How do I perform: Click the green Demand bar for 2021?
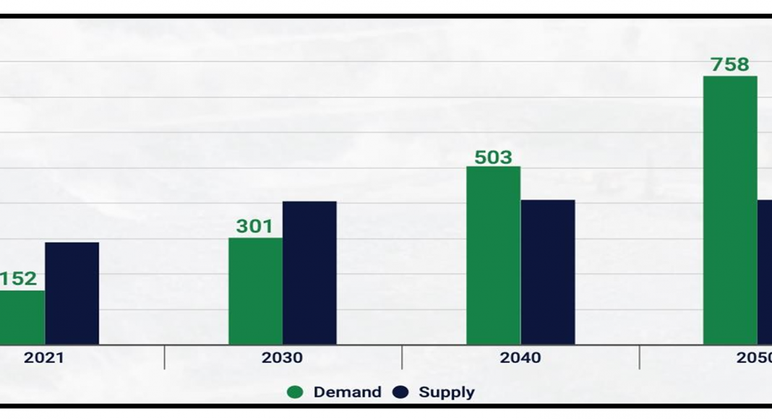(x=22, y=318)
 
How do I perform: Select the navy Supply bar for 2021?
(x=72, y=293)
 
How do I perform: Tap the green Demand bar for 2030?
(x=255, y=291)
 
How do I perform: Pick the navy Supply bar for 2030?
(x=309, y=273)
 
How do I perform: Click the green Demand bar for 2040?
(x=493, y=256)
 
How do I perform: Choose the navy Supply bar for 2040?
(x=547, y=272)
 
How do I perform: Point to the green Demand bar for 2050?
(x=729, y=210)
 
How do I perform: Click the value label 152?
(x=18, y=279)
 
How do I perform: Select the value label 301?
(x=254, y=226)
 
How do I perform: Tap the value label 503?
(x=493, y=157)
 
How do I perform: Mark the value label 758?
(x=730, y=65)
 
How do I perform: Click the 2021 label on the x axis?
(x=43, y=358)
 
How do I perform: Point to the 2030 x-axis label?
(x=283, y=358)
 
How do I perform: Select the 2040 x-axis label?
(x=520, y=358)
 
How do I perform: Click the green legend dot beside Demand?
(x=295, y=392)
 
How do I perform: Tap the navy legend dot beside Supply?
(x=400, y=392)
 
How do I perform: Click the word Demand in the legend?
(x=347, y=392)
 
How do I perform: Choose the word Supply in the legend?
(x=447, y=392)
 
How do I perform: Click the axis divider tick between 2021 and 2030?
(x=165, y=357)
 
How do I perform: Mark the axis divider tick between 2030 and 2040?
(x=402, y=357)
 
